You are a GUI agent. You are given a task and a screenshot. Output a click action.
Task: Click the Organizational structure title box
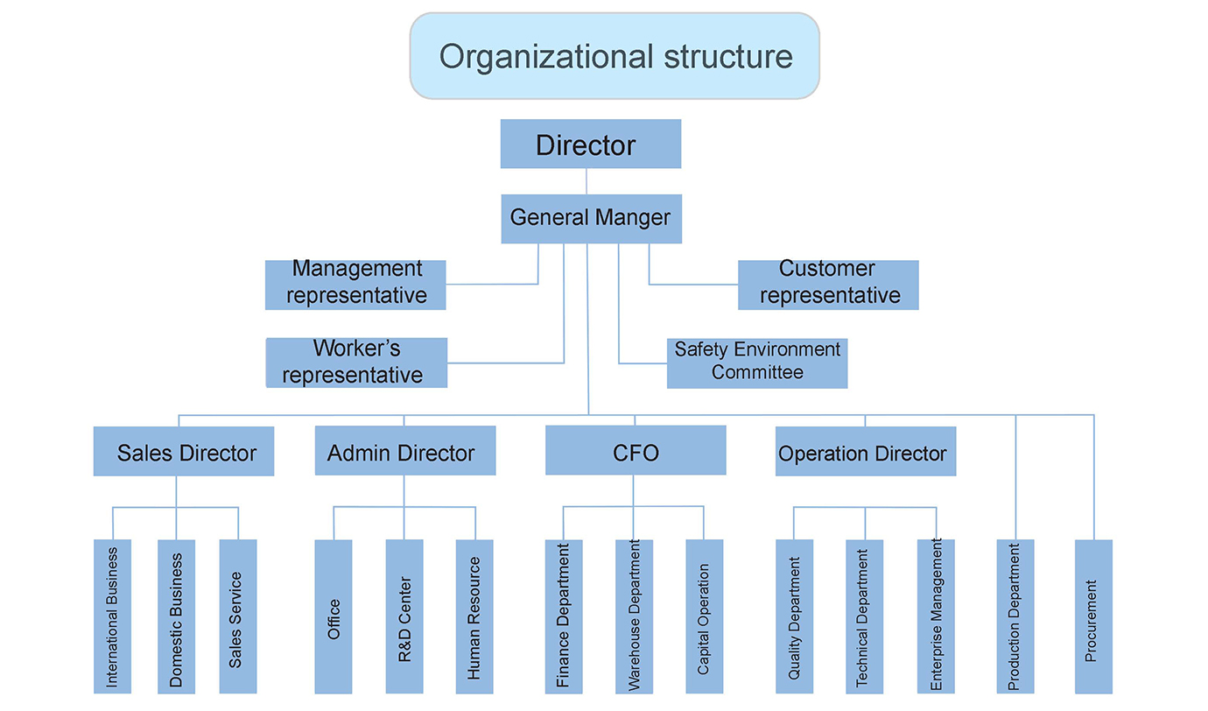coord(615,56)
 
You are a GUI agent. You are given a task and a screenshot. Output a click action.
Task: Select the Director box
coord(590,144)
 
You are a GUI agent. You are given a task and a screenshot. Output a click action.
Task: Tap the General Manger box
coord(591,218)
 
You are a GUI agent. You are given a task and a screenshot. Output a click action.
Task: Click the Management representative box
coord(355,284)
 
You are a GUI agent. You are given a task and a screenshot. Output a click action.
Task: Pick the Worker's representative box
coord(356,363)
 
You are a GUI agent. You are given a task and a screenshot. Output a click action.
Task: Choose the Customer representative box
coord(828,284)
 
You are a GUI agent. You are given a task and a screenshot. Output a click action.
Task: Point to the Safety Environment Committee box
coord(757,363)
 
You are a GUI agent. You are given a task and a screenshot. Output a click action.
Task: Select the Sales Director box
coord(184,452)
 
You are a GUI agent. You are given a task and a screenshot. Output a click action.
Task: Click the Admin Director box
coord(404,452)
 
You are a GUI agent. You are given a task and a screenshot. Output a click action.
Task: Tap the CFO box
coord(636,452)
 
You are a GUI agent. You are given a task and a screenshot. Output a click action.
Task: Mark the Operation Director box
coord(865,452)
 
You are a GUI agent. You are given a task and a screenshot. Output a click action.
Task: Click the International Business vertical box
coord(112,616)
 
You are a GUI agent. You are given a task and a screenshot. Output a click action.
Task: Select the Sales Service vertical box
coord(238,616)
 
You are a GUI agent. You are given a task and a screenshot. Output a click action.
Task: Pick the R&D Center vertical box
coord(404,616)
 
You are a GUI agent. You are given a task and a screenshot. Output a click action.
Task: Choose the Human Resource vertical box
coord(474,616)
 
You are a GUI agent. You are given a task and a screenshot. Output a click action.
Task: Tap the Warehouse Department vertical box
coord(634,616)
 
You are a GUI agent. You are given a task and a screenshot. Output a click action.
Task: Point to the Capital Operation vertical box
coord(705,616)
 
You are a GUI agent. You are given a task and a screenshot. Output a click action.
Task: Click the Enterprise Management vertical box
coord(936,616)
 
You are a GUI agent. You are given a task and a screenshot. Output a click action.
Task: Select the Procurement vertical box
coord(1093,616)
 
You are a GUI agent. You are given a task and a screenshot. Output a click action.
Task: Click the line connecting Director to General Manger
coord(586,181)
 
